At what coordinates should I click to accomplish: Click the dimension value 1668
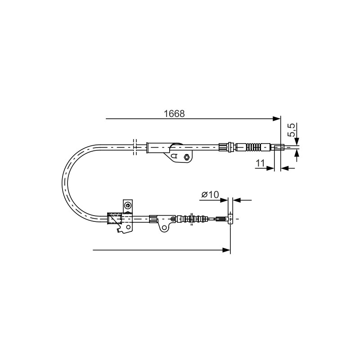point(174,114)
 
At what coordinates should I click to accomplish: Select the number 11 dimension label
point(261,163)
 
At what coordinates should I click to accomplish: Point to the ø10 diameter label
point(210,194)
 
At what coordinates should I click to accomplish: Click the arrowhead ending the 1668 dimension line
point(276,119)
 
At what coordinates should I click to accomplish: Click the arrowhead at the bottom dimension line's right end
point(226,250)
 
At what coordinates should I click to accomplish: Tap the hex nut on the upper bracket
point(186,157)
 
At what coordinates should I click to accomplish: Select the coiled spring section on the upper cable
point(253,147)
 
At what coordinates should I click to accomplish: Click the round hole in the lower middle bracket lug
point(164,228)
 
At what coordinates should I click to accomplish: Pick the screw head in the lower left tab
point(127,205)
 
